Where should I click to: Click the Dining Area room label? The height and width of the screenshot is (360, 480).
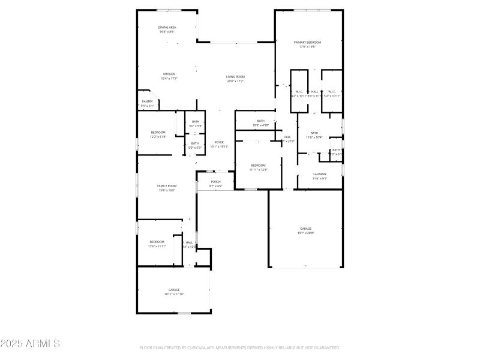click(x=167, y=28)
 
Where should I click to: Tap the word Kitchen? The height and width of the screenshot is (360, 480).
click(x=169, y=74)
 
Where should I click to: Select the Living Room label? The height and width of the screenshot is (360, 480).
click(x=235, y=77)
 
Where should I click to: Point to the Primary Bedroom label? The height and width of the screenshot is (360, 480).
click(x=307, y=43)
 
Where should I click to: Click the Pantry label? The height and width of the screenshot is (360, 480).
click(x=147, y=101)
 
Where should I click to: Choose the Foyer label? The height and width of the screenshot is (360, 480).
click(x=219, y=142)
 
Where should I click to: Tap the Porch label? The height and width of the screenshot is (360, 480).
click(x=215, y=182)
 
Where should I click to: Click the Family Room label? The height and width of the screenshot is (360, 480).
click(x=167, y=186)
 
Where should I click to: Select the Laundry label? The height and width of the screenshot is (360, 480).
click(x=320, y=174)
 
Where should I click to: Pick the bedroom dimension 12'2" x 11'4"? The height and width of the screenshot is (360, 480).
click(x=158, y=137)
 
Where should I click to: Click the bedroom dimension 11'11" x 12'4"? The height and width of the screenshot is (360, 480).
click(x=258, y=170)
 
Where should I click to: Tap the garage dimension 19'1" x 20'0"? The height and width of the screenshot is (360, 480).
click(x=306, y=233)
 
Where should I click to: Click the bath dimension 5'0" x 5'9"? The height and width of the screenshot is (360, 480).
click(x=195, y=126)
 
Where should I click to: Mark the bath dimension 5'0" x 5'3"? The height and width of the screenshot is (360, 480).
click(x=195, y=148)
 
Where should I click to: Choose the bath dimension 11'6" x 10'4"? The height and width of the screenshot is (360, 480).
click(x=314, y=137)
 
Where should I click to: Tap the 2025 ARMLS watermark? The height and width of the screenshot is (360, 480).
click(x=30, y=344)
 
